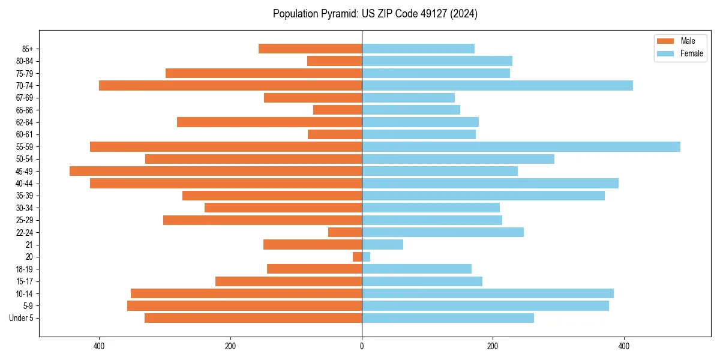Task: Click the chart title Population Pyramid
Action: coord(375,14)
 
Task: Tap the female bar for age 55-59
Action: coord(521,146)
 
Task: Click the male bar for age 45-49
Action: coord(215,171)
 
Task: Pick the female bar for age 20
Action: coord(366,257)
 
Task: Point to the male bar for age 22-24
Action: coord(345,232)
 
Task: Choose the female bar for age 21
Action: coord(382,244)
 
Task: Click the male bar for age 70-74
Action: coord(230,85)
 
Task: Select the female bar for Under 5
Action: coord(448,318)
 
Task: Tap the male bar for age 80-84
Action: coord(334,61)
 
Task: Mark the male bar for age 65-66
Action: coord(337,110)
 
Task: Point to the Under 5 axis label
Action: coord(22,318)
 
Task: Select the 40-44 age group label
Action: coord(24,183)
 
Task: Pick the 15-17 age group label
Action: coord(24,281)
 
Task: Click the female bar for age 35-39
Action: coord(483,196)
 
